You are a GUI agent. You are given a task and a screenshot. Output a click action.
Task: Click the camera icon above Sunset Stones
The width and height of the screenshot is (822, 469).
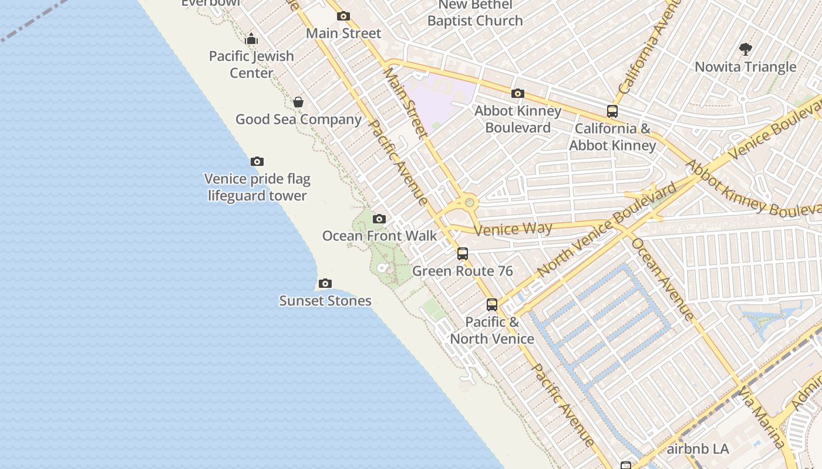click(325, 284)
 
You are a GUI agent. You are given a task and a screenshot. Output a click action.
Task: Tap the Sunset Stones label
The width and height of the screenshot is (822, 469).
click(325, 301)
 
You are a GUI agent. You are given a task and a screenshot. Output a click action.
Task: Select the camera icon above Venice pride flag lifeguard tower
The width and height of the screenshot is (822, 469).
click(257, 162)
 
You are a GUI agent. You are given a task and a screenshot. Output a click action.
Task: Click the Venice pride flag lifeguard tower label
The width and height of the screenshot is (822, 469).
click(257, 187)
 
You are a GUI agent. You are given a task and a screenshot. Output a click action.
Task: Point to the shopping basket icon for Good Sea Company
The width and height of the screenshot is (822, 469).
click(298, 102)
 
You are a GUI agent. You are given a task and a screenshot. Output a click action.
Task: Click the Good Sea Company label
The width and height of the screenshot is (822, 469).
click(298, 120)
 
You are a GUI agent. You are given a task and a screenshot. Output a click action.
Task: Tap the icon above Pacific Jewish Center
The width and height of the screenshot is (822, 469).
click(251, 39)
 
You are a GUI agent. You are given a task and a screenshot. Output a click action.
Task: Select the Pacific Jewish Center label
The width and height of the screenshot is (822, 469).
click(251, 64)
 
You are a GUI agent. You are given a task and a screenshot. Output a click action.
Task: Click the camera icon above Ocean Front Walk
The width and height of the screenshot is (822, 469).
click(379, 219)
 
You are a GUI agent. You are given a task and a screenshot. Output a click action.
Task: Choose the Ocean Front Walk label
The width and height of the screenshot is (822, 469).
click(379, 236)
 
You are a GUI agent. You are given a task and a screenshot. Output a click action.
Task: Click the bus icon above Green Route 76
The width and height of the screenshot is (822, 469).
click(463, 254)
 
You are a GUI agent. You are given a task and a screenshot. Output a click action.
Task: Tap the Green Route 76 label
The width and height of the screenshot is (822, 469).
click(463, 271)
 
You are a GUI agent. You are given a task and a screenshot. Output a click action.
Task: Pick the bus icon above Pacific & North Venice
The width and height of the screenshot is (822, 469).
click(492, 305)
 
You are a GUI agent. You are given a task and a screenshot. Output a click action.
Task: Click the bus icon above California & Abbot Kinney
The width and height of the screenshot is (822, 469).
click(612, 111)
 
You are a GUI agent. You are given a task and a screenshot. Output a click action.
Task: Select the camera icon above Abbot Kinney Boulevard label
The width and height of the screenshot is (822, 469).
click(517, 94)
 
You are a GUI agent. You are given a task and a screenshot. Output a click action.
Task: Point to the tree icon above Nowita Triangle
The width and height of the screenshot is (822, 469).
click(746, 49)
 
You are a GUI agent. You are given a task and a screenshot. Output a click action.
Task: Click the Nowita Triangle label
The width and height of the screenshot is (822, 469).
click(746, 67)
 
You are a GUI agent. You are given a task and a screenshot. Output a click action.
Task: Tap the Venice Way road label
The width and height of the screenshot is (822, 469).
click(513, 229)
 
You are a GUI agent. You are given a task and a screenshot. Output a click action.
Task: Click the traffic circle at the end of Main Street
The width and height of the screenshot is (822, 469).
click(469, 203)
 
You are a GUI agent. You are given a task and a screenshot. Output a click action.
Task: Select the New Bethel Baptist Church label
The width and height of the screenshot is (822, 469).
click(475, 13)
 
